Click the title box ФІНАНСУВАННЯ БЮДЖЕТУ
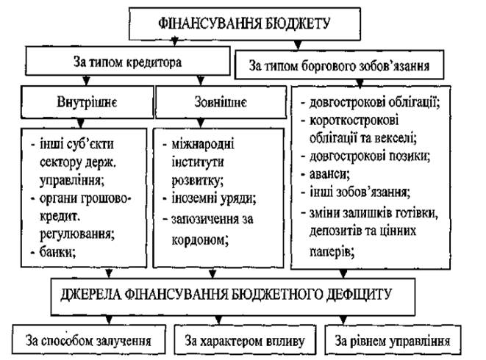(245, 24)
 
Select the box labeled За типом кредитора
(128, 61)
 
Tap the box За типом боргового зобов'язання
(340, 65)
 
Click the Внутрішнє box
(87, 102)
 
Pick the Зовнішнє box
(221, 102)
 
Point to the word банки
(57, 252)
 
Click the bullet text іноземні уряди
(214, 198)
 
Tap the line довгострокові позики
(369, 156)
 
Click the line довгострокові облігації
(374, 102)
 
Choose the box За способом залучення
(89, 340)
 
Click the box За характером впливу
(245, 340)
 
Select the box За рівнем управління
(393, 340)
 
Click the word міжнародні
(203, 144)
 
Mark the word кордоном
(200, 240)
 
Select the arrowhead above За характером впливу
(218, 320)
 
